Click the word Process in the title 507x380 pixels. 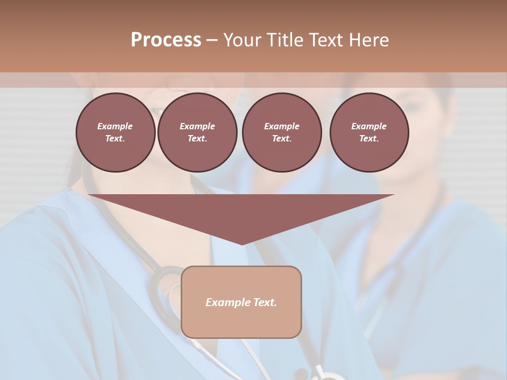(x=166, y=40)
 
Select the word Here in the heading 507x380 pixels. (x=368, y=40)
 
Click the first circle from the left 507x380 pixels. (x=115, y=132)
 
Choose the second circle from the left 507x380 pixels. (x=197, y=132)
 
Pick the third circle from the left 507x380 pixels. (x=281, y=132)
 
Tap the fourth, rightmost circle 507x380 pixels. (x=369, y=132)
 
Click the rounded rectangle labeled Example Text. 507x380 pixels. (x=241, y=302)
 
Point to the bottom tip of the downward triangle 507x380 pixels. (x=242, y=244)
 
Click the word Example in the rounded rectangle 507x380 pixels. (x=226, y=302)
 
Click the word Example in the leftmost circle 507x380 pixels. (x=115, y=126)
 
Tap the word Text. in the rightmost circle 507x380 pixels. (x=369, y=138)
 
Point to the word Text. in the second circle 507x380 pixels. (x=197, y=138)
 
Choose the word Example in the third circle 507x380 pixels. (x=281, y=126)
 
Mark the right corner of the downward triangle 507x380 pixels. (x=393, y=195)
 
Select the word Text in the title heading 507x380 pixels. (x=326, y=40)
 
